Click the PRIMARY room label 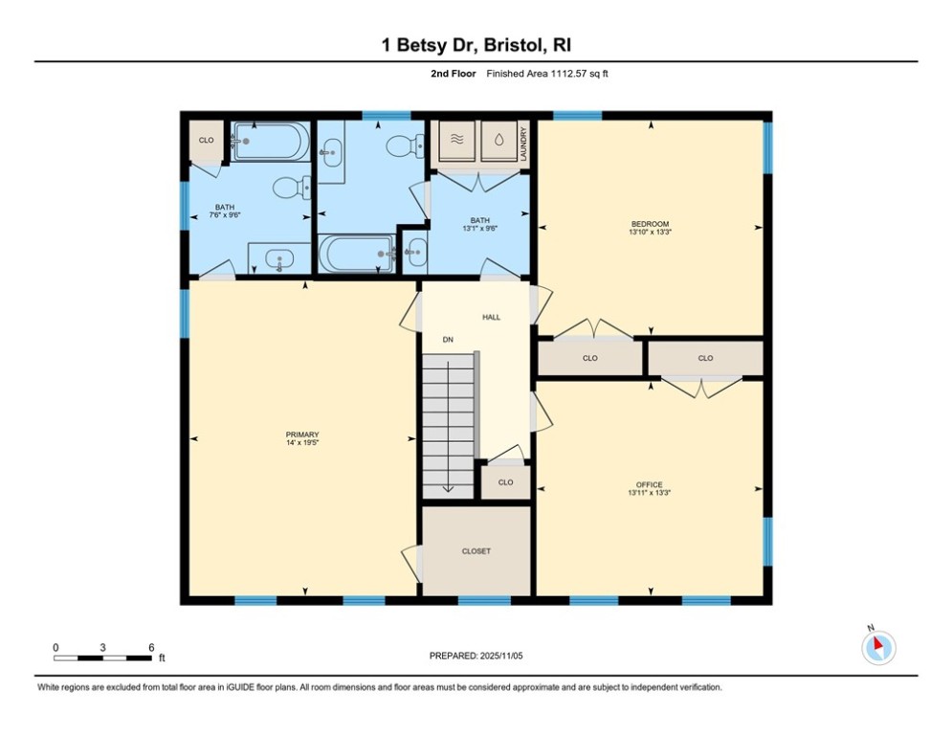pos(302,434)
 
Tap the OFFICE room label pos(649,484)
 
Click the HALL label pos(491,317)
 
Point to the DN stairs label pos(447,340)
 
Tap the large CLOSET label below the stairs pos(476,551)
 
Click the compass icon pos(877,648)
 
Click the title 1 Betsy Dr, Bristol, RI pos(476,45)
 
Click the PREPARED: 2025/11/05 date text pos(476,656)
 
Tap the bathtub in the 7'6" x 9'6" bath pos(271,143)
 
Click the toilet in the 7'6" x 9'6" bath pos(290,188)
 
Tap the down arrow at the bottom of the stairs pos(448,487)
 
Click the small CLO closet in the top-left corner pos(206,141)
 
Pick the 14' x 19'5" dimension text pos(302,443)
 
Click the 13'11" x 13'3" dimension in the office pos(649,494)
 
